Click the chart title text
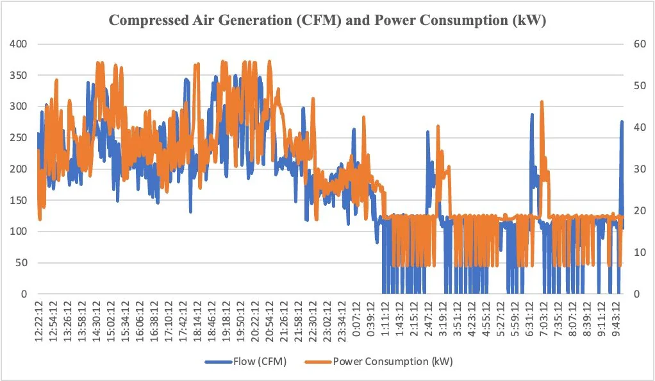coord(327,20)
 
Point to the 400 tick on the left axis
coord(19,44)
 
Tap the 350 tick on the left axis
coord(19,76)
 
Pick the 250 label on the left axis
coord(19,138)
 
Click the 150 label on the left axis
coord(19,200)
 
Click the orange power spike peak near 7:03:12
coord(542,102)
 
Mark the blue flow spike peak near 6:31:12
coord(532,115)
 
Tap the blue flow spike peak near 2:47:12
coord(427,131)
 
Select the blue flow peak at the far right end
coord(621,121)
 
